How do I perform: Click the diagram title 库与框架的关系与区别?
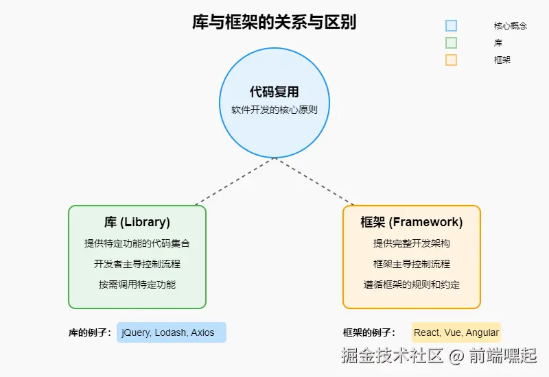point(274,23)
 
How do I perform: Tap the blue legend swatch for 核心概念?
point(451,25)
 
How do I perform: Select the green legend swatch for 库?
point(451,42)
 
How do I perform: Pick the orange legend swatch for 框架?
point(451,60)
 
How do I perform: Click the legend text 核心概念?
point(511,25)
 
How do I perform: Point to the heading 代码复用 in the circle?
point(274,92)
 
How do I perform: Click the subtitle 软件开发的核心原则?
point(274,110)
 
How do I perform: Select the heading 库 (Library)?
point(137,222)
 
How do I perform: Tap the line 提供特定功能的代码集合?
point(137,243)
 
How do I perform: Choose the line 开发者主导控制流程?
point(137,264)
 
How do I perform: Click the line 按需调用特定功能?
point(137,284)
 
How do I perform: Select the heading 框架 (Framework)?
point(412,222)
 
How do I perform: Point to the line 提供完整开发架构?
point(412,243)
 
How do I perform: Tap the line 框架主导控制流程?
point(412,264)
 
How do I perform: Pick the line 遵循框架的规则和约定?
point(412,284)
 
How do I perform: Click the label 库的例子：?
point(90,333)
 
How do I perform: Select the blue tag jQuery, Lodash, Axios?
point(171,332)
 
